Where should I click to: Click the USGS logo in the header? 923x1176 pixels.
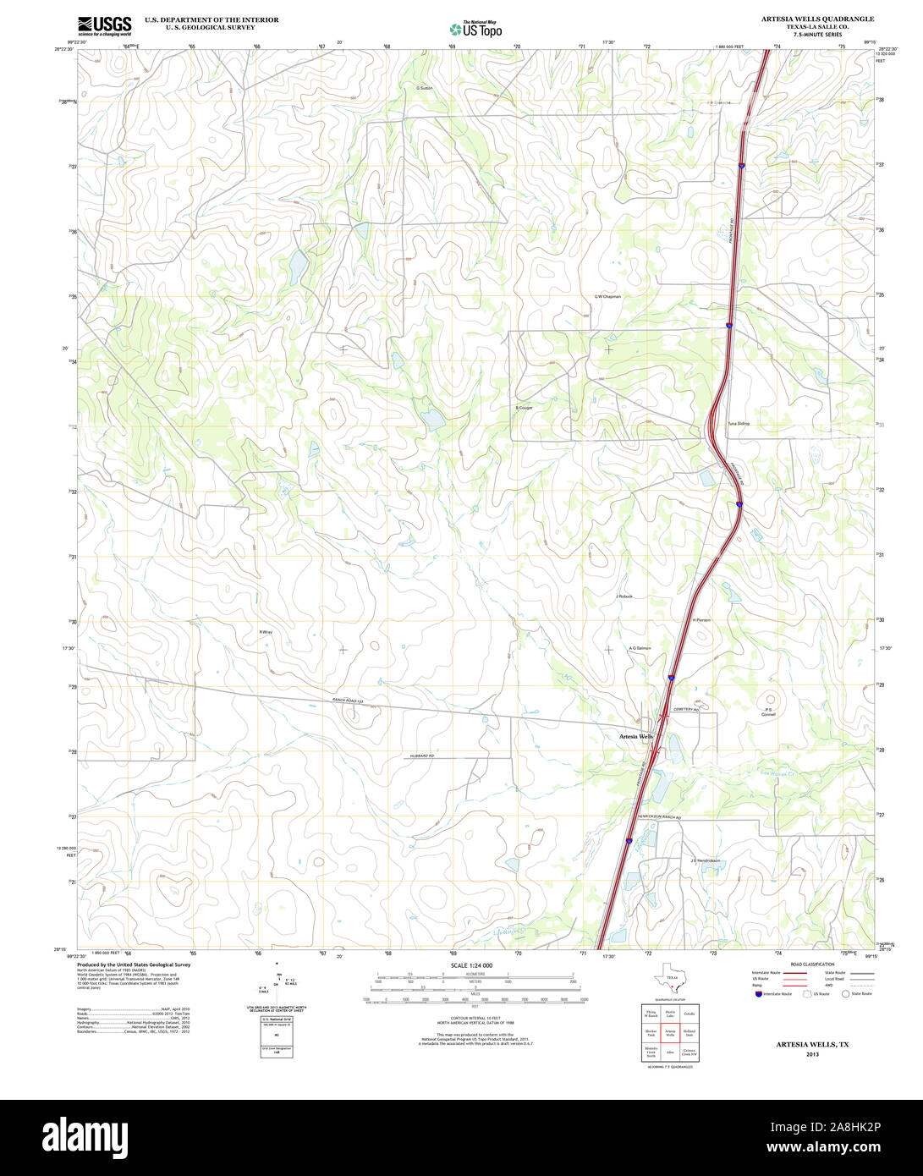(x=105, y=25)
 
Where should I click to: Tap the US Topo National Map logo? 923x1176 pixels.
(x=475, y=29)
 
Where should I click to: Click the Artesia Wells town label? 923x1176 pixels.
(x=635, y=737)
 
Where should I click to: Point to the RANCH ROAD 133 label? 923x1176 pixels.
(x=348, y=701)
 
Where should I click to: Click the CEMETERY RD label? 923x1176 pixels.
(x=686, y=709)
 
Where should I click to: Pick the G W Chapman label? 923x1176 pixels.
(x=607, y=297)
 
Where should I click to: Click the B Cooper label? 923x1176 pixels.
(x=524, y=408)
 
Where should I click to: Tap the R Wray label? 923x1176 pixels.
(x=266, y=632)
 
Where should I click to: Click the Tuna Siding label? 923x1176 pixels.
(x=738, y=423)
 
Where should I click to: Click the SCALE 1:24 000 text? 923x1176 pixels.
(x=471, y=965)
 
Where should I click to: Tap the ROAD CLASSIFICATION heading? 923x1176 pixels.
(x=811, y=964)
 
